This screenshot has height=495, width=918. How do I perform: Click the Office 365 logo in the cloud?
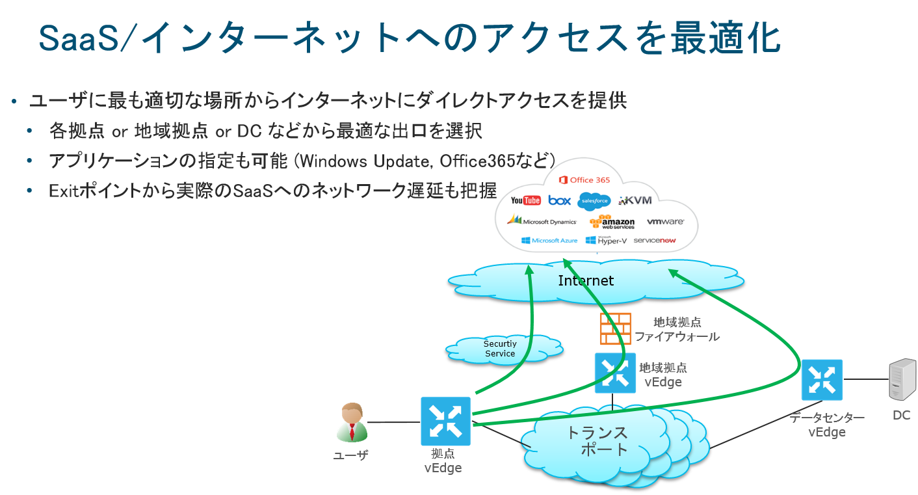tap(584, 180)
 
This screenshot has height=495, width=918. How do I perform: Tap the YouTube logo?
tap(525, 200)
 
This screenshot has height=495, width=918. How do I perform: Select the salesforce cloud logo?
tap(593, 201)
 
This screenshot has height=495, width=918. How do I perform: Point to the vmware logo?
tap(665, 222)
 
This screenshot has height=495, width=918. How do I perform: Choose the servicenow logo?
tap(654, 240)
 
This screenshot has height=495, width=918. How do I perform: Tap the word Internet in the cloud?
tap(585, 280)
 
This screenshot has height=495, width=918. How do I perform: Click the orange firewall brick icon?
tap(615, 328)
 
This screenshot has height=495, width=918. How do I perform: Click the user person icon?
tap(352, 423)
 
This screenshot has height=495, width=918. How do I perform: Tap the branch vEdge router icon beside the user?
tap(445, 421)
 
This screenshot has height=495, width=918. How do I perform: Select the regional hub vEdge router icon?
tap(615, 373)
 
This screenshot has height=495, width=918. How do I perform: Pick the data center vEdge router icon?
tap(822, 379)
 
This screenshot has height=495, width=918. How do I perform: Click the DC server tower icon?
tap(902, 380)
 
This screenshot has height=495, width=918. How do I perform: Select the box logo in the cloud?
tap(559, 200)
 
